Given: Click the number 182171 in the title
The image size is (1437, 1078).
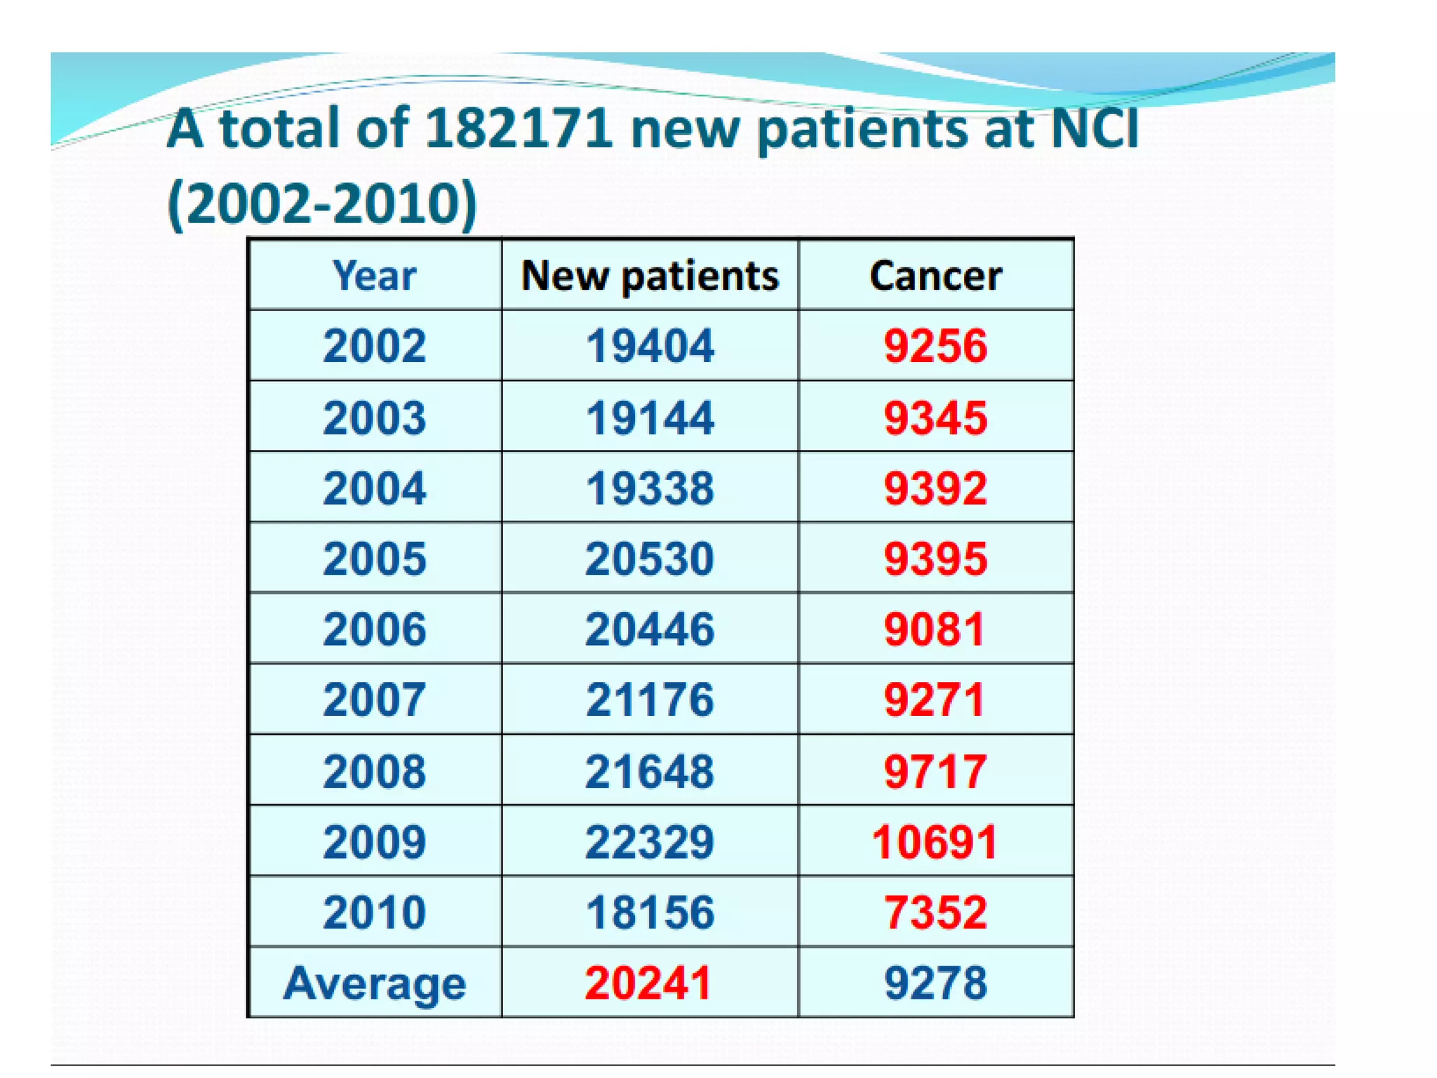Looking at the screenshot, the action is (x=518, y=128).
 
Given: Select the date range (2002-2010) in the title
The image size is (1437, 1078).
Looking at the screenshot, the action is (x=323, y=204).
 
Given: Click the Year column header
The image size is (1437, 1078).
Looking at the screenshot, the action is (x=375, y=275).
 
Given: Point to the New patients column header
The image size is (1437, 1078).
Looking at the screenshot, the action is (x=650, y=276).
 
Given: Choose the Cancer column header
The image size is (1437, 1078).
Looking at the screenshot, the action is (x=935, y=275).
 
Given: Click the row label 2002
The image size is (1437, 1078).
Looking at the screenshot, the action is (x=375, y=346).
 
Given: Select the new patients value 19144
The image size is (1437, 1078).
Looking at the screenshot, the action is (x=650, y=418).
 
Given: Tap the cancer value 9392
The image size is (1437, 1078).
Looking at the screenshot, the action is (x=935, y=488).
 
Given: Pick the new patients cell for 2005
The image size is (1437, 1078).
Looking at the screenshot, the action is (x=650, y=559).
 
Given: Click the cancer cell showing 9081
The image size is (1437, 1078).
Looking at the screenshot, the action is (x=934, y=629).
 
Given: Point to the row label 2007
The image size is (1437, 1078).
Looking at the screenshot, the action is (x=375, y=700).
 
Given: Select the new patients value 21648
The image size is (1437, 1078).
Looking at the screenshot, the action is (x=650, y=771).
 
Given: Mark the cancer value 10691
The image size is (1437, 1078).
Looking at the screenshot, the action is (x=934, y=841).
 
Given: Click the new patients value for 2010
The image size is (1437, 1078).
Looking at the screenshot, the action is (x=650, y=912).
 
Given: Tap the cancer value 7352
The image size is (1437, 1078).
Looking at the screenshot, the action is (x=935, y=912).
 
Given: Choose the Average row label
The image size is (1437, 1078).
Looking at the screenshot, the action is (x=375, y=983).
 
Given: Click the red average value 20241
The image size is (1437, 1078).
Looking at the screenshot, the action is (x=648, y=983).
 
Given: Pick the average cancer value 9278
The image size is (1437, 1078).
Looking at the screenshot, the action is (x=935, y=983).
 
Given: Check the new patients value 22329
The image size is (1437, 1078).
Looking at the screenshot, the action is (x=650, y=841).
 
